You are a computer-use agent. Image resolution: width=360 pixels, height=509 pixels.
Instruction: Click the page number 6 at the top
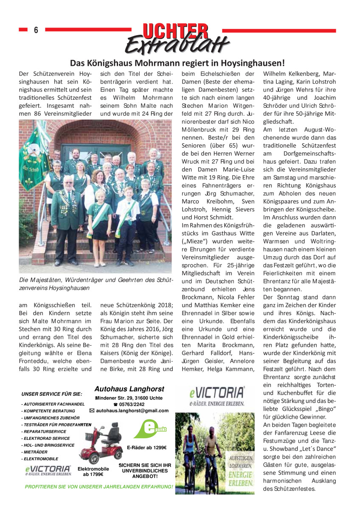pyautogui.click(x=36, y=30)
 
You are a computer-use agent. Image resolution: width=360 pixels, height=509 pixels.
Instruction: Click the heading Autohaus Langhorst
pyautogui.click(x=129, y=389)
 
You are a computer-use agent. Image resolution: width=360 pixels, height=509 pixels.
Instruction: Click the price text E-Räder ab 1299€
pyautogui.click(x=146, y=447)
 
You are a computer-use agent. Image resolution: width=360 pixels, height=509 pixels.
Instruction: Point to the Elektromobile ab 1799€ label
pyautogui.click(x=93, y=471)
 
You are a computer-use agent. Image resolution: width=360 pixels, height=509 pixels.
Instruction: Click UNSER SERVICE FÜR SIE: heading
pyautogui.click(x=51, y=394)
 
